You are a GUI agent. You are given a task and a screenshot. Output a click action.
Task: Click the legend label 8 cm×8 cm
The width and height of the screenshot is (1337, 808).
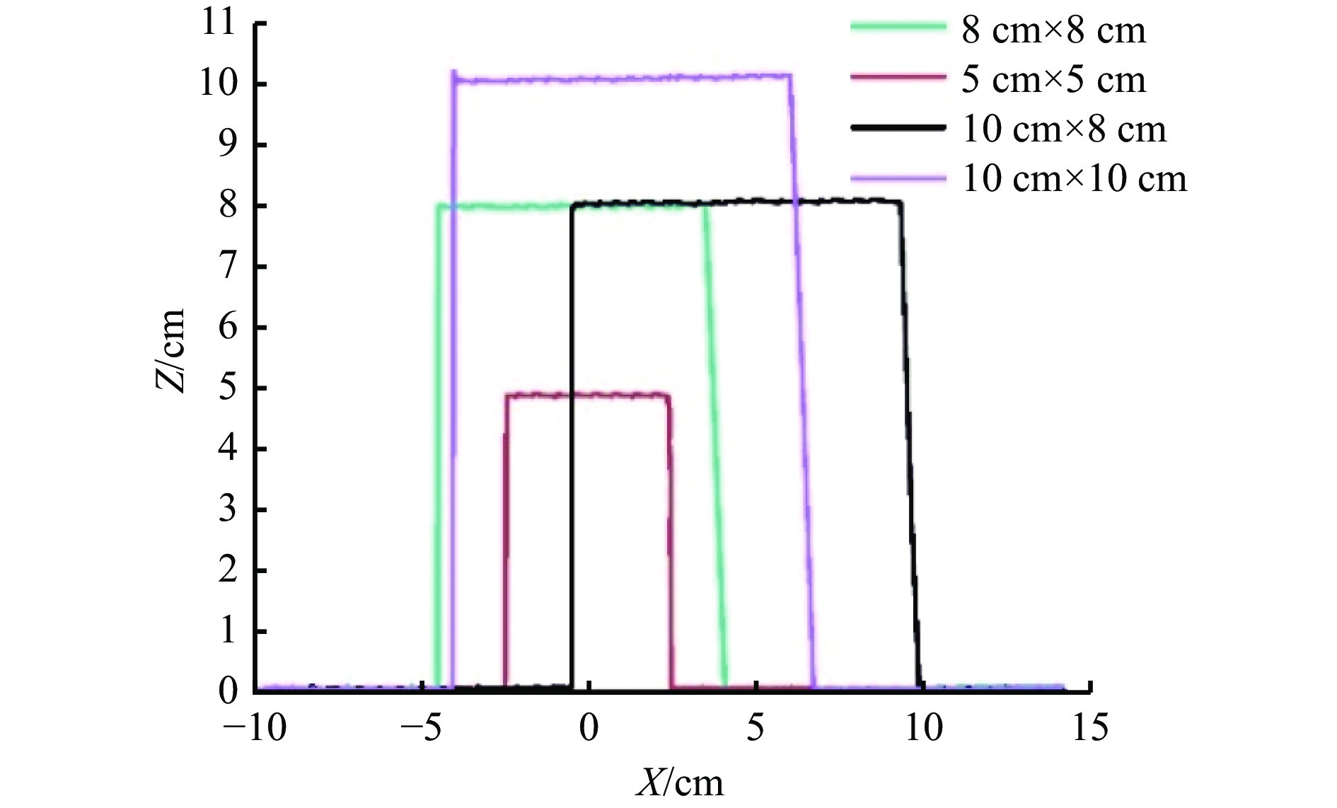(1053, 30)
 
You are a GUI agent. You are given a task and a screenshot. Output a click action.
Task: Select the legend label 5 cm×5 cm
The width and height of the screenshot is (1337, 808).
(1053, 79)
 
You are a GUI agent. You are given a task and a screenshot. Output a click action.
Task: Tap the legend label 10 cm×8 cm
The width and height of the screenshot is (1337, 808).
(1064, 129)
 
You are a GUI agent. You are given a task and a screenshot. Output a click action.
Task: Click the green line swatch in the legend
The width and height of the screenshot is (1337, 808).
(898, 27)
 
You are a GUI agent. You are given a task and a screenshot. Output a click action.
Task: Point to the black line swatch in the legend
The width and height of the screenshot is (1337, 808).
(898, 127)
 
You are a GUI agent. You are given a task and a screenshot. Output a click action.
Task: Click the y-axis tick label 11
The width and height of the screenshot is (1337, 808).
(218, 23)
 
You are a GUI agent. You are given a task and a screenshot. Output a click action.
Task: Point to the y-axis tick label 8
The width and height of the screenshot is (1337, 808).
(228, 206)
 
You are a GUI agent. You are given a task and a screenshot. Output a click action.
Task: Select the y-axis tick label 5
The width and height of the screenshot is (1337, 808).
(228, 388)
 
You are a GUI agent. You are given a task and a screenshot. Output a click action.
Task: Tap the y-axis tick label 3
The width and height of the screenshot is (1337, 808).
(228, 509)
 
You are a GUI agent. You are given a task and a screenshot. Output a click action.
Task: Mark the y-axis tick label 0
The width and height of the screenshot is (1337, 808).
(228, 691)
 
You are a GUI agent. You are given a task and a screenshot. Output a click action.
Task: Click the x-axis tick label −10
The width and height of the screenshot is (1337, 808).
(255, 727)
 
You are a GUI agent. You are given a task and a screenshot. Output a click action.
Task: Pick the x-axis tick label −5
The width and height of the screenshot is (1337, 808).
(422, 727)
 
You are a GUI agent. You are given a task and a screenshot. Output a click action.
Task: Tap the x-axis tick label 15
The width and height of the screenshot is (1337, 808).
(1089, 727)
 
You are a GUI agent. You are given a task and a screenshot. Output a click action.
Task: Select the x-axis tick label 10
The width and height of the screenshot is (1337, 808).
(924, 727)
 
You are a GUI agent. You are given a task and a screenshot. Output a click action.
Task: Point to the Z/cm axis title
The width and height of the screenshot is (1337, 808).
(170, 350)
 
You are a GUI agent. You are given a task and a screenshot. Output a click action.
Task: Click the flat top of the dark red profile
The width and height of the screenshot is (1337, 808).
(587, 395)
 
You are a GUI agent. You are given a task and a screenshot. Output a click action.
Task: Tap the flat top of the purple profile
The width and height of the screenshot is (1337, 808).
(623, 78)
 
